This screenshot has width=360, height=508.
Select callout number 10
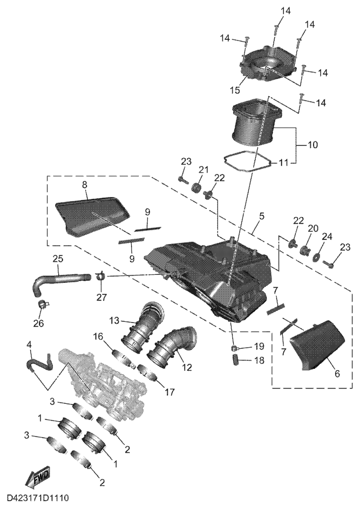(313, 145)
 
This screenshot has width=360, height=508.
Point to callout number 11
(284, 162)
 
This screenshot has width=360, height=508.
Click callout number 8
(84, 185)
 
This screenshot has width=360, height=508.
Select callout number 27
(101, 296)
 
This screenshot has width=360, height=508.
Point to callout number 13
(113, 321)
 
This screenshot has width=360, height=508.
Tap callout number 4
(29, 344)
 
